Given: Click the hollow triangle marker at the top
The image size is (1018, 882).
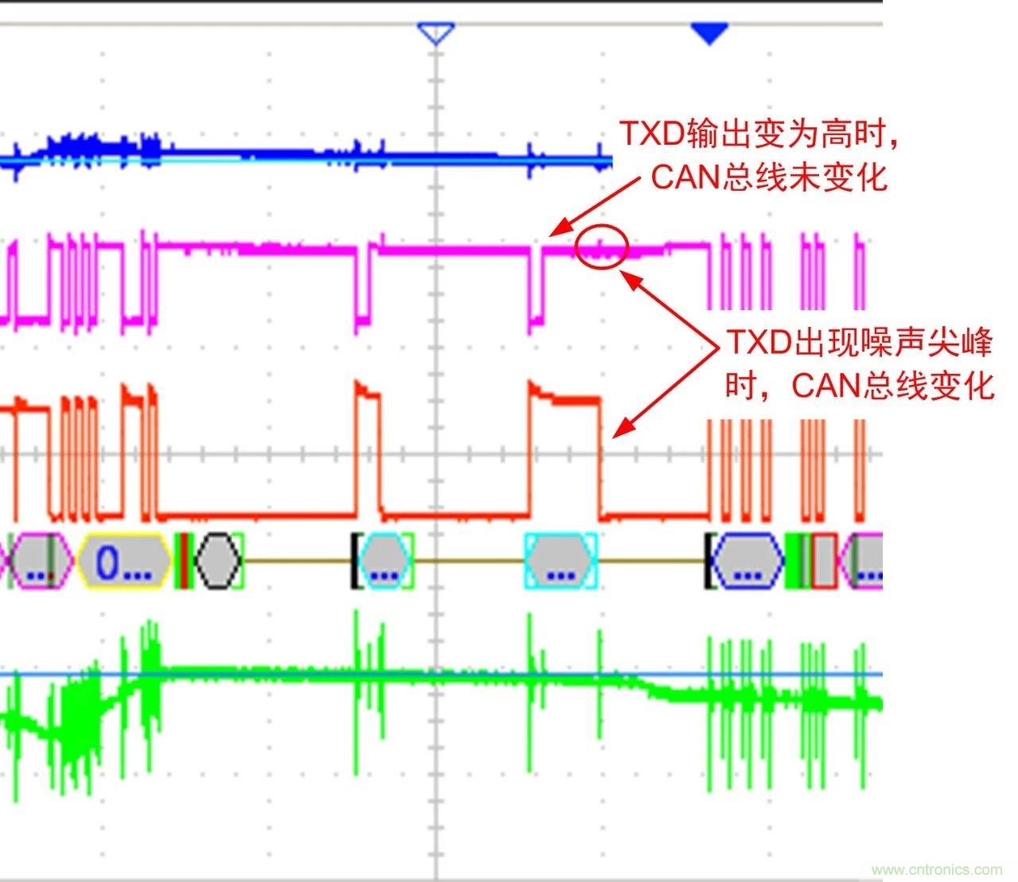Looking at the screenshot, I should (436, 33).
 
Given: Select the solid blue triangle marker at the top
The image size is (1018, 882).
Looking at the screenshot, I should (709, 33).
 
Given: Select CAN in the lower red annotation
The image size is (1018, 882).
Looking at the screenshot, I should (825, 387).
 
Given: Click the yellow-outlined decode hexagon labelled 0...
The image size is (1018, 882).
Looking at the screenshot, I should (125, 561).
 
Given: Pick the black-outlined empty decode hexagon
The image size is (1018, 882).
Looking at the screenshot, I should (217, 561).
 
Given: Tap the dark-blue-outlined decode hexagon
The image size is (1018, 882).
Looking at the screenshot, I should (746, 561).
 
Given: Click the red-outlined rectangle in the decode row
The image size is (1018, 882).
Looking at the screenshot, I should (824, 561).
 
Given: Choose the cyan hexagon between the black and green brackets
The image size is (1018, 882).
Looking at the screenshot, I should (383, 561).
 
